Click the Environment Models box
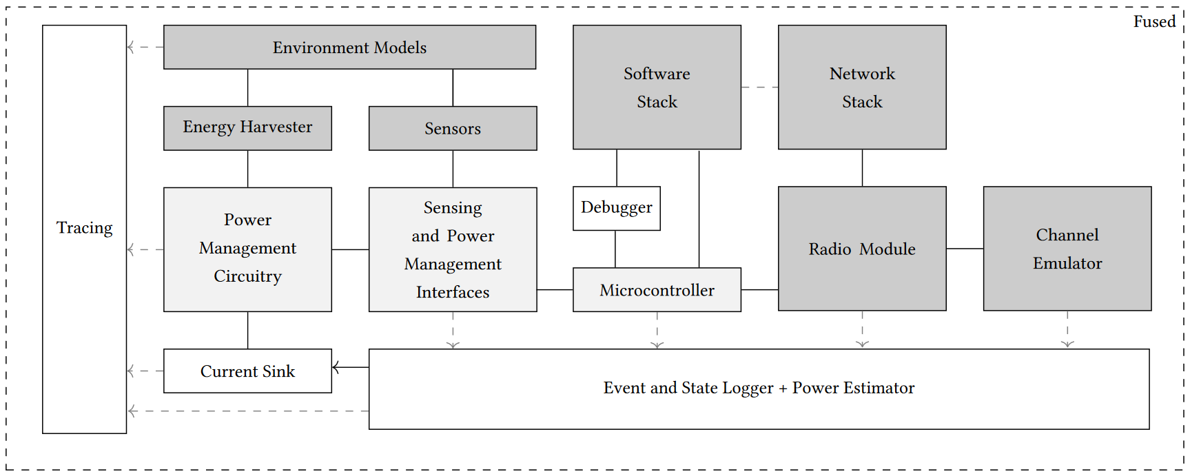point(349,48)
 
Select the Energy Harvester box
point(247,128)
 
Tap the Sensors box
point(453,129)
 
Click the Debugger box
point(616,208)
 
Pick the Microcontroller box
point(657,290)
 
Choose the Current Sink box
point(247,371)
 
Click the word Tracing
point(84,228)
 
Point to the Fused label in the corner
point(1154,22)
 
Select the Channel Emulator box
point(1067,249)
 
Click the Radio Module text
point(861,249)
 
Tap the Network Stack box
point(861,87)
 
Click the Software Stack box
point(657,87)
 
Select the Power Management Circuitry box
point(247,249)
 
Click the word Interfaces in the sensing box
point(453,293)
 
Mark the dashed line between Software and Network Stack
point(759,87)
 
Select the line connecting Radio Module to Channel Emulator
point(965,249)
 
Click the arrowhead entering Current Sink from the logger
point(336,367)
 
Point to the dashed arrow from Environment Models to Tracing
point(145,48)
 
